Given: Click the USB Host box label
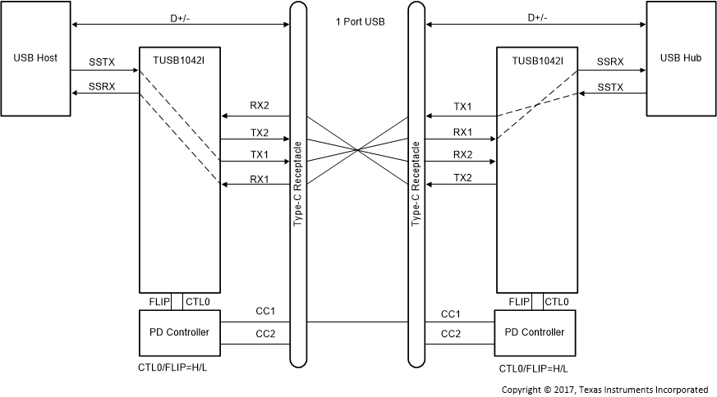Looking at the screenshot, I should tap(35, 58).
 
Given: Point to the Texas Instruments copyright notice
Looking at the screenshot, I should tap(604, 389).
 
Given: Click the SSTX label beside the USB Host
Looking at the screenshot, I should tap(103, 62).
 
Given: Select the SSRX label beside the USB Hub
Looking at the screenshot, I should tap(611, 62).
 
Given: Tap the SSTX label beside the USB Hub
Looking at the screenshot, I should tap(611, 86).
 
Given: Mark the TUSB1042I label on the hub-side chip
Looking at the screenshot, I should tap(537, 60).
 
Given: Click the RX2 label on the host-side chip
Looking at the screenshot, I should tap(260, 106).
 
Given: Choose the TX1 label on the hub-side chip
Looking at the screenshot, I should tap(463, 107).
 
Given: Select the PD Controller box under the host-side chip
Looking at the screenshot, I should tap(180, 332).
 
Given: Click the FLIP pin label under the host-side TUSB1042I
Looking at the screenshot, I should tap(159, 302).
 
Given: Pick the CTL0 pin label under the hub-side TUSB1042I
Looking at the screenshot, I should tap(555, 302).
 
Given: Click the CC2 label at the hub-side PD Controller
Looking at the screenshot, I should tap(451, 334).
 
